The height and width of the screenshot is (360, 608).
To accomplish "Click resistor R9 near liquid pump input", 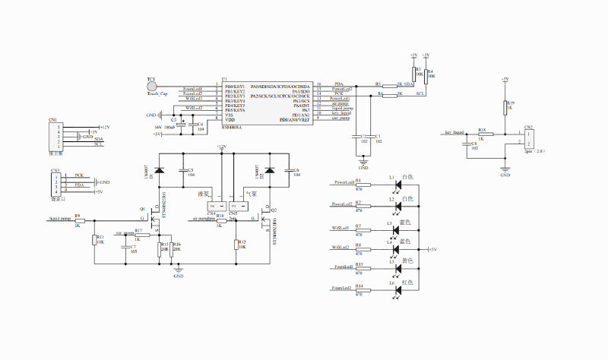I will coord(78,220).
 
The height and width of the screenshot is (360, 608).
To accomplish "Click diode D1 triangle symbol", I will coord(159,172).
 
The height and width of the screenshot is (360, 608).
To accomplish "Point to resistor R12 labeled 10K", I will coord(236,245).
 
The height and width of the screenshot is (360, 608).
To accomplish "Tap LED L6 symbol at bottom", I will coord(394,289).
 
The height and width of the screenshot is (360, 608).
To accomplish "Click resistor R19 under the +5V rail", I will coord(505,109).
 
